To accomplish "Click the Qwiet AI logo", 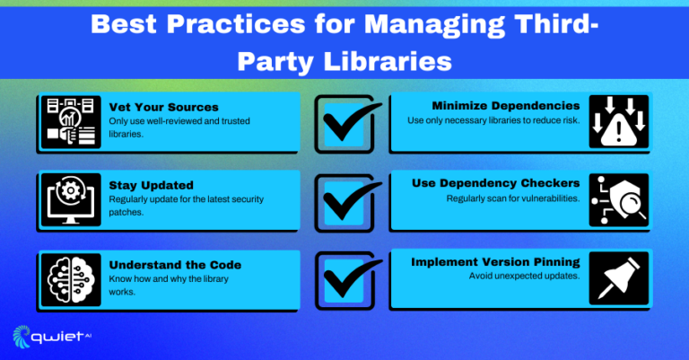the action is point(52,337).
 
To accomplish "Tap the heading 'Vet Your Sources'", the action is point(163,107).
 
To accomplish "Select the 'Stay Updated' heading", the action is point(151,186).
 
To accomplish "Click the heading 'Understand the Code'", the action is point(175,265).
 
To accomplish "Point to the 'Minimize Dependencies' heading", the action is point(506,106).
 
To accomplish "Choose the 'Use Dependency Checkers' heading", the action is point(495,183).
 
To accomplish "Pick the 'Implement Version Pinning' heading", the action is point(495,262).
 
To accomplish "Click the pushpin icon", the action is point(619,278).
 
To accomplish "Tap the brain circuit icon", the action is point(71,280).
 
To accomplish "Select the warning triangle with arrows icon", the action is point(619,121).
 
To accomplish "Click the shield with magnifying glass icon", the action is point(619,200).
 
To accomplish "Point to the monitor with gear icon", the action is point(71,200).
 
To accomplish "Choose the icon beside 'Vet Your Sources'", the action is point(71,122).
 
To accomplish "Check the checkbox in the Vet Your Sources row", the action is point(344,125).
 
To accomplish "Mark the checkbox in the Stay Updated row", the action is point(344,203).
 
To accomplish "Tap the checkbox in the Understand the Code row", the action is point(344,281).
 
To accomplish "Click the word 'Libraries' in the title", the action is point(388,61).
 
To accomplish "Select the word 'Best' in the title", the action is point(124,23).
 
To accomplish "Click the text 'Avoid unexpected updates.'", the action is point(524,276).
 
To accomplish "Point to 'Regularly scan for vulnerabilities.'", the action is point(513,198).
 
